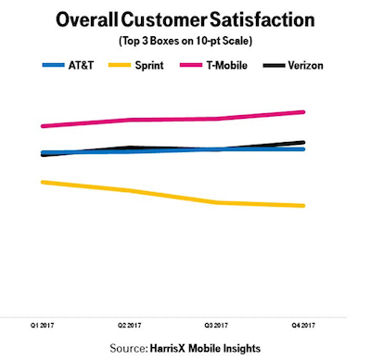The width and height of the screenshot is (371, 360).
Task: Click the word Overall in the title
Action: (87, 19)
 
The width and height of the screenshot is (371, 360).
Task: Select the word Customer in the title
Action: (164, 19)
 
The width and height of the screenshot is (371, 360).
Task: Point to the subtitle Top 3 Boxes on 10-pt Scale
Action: (185, 41)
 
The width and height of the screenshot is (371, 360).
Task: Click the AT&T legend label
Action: (81, 66)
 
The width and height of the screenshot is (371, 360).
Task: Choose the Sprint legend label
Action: (149, 66)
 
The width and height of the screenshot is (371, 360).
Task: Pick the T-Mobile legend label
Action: (227, 66)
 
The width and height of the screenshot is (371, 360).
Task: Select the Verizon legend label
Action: (305, 66)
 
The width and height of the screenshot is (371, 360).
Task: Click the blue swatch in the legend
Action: (54, 65)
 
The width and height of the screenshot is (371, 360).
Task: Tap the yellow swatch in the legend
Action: (120, 65)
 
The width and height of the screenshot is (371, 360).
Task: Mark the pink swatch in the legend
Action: (191, 65)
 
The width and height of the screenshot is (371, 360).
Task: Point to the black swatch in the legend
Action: (274, 65)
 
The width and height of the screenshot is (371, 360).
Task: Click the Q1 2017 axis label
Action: (42, 326)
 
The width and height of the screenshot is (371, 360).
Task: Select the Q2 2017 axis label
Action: (129, 326)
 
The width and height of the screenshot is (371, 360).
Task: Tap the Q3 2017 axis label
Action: (216, 326)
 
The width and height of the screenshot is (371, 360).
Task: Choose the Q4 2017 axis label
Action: (303, 326)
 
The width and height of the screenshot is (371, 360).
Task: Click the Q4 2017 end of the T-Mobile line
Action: (303, 112)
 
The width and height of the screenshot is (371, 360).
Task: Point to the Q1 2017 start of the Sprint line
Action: (43, 182)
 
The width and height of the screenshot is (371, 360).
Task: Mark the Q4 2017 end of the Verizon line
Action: (303, 142)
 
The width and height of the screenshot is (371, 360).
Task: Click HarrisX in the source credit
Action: (168, 348)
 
